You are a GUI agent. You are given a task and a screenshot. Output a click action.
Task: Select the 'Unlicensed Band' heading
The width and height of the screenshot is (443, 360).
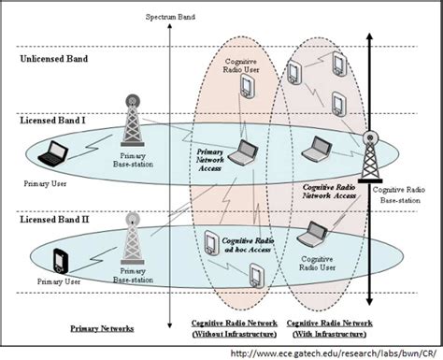pos(54,60)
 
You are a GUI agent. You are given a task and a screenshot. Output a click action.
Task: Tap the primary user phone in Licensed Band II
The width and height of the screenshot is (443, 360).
pos(62,259)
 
